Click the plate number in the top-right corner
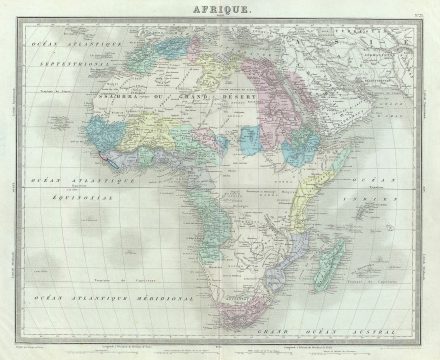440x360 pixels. tap(417, 10)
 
